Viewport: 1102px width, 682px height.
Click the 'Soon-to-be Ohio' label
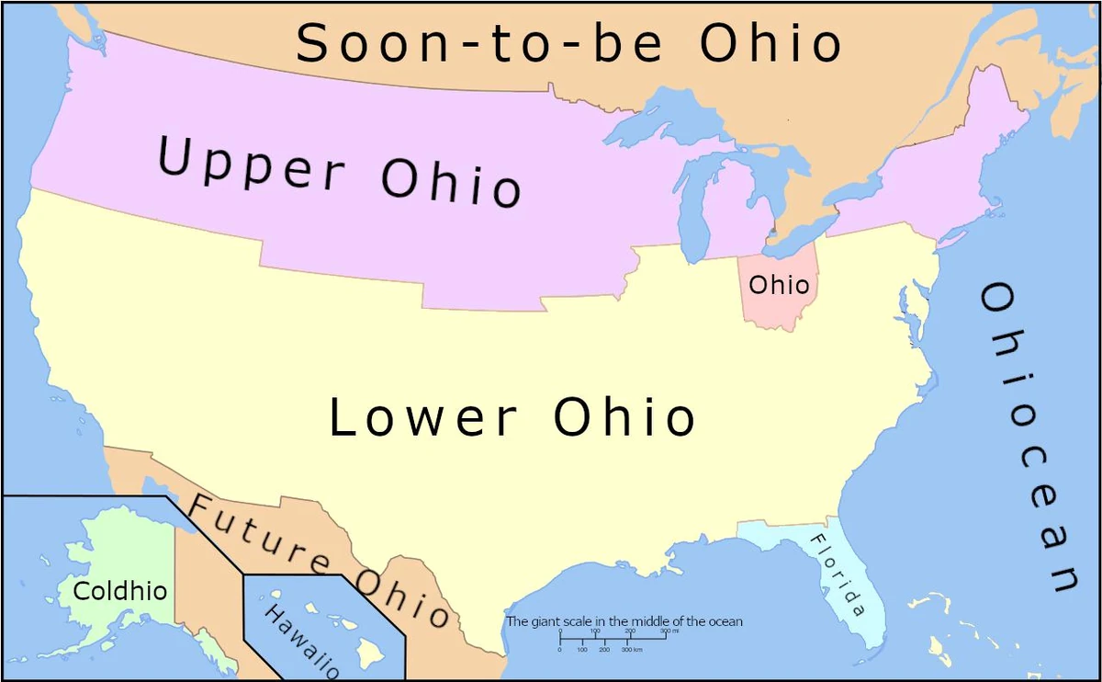click(x=568, y=43)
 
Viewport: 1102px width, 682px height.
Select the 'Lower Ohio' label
click(x=512, y=417)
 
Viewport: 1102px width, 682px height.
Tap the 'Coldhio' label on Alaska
click(x=120, y=591)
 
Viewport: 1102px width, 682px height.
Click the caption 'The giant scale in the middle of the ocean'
click(x=624, y=621)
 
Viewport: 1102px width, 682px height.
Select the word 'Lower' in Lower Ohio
click(x=422, y=417)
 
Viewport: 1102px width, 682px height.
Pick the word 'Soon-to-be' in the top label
click(x=478, y=43)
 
